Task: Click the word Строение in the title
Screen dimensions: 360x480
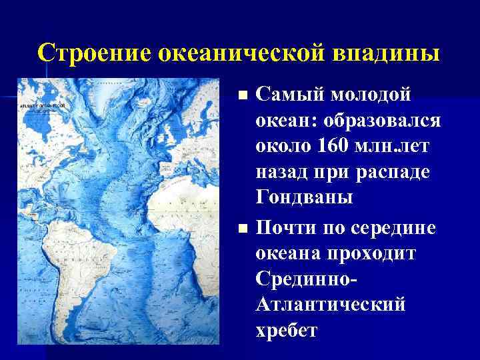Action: [94, 53]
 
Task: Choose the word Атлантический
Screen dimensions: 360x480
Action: [330, 305]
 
